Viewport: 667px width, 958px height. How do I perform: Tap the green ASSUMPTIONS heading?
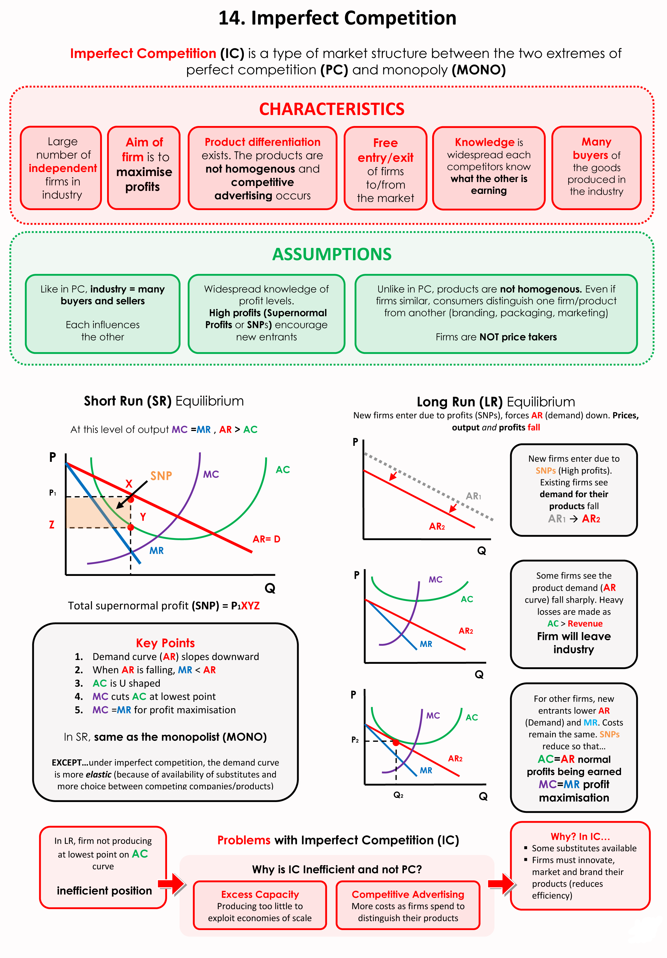[332, 254]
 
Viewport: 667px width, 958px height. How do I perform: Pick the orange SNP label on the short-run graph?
[161, 476]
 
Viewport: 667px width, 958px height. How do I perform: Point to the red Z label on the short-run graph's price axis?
[52, 524]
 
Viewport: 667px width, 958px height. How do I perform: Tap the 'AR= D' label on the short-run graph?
[267, 539]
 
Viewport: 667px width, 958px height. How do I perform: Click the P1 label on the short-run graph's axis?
[53, 493]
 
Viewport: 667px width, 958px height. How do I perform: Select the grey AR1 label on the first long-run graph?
[473, 496]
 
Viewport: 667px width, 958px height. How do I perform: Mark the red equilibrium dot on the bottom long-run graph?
[396, 743]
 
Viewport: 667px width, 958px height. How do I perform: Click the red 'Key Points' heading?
[165, 643]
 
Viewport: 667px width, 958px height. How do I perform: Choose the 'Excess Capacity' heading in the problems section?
[260, 894]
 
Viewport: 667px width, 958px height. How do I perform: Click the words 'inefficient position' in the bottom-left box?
[104, 891]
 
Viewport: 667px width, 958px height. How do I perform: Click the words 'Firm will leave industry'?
[574, 643]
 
